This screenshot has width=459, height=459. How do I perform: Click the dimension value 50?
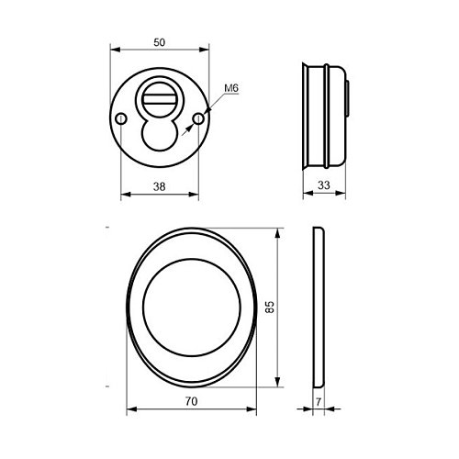coord(160,42)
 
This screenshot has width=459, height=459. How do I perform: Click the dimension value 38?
coord(160,186)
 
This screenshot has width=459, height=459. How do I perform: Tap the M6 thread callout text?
coord(231,88)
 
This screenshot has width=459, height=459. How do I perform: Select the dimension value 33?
coord(324,185)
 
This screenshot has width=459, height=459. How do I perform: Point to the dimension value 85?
coord(270,307)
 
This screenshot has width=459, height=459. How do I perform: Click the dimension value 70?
coord(191,401)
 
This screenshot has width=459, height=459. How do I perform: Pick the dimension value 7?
coord(319,402)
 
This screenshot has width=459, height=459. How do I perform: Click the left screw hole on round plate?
coord(121,118)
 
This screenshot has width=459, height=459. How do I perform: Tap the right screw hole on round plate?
coord(198,118)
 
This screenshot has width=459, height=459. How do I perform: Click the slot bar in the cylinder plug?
coord(159,99)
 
